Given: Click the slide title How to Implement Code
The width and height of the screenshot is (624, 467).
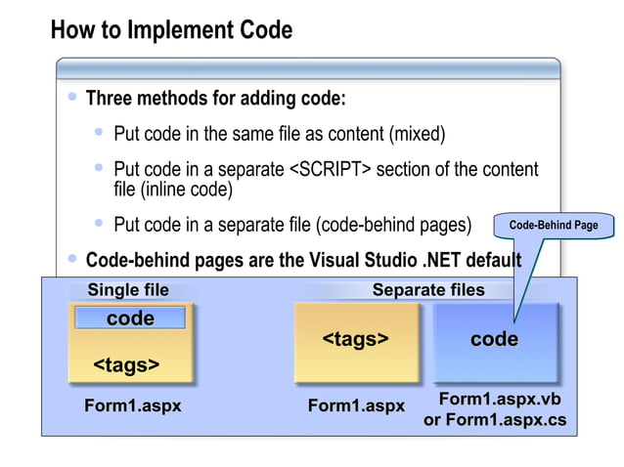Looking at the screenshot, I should coord(171,30).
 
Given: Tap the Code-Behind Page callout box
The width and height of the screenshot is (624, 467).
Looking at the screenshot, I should coord(553,226).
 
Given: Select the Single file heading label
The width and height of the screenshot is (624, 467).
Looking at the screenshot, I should coord(128,290).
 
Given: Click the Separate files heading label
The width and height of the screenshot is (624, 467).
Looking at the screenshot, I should coord(428,290).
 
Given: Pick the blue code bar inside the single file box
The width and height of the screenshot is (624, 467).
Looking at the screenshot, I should coord(130,318).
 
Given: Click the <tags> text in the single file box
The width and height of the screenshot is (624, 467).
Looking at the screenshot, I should coord(126,365).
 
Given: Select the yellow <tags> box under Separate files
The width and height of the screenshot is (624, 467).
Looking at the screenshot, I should coord(356,341).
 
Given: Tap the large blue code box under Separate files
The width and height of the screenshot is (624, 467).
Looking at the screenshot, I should coord(494,341).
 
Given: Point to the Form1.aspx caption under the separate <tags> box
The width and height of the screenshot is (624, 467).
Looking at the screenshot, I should coord(356,405).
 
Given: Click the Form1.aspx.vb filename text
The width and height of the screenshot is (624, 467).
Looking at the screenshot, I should coord(499,400).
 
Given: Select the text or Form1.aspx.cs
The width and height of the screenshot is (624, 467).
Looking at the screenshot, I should coord(494,420).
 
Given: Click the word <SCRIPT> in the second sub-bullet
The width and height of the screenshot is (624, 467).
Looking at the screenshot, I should coord(331,170).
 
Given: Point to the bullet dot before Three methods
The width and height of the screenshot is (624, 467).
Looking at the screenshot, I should coord(71,98).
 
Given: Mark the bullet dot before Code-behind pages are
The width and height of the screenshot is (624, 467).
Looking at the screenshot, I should coord(71,259).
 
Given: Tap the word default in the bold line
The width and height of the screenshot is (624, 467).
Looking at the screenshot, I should coord(492,261).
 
